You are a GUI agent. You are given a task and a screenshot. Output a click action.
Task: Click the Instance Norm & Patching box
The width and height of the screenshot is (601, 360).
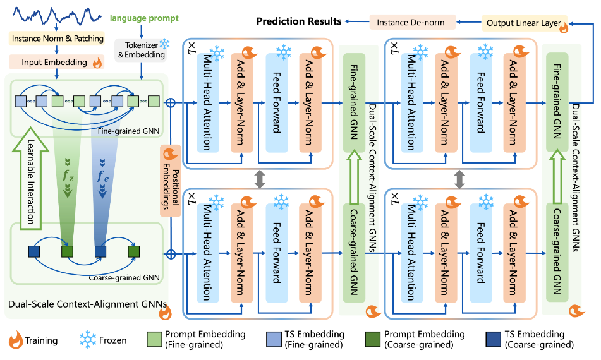(58, 39)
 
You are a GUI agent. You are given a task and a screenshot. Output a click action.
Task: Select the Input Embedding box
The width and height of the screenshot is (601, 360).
(53, 63)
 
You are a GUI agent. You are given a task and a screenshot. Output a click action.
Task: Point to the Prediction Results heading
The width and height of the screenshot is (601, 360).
(299, 21)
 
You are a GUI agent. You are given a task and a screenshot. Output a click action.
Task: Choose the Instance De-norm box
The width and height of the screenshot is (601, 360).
(410, 23)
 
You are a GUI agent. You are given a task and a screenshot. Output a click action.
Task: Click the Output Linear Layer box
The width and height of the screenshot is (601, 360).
(523, 23)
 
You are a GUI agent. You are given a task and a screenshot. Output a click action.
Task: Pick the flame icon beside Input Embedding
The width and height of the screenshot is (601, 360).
(97, 63)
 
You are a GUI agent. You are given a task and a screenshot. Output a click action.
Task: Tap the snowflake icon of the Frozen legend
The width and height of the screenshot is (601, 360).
(86, 340)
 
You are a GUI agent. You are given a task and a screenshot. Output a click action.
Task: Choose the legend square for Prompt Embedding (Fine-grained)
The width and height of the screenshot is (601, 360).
(154, 339)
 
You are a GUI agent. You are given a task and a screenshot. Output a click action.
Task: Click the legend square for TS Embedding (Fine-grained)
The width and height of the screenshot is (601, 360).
(274, 339)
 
